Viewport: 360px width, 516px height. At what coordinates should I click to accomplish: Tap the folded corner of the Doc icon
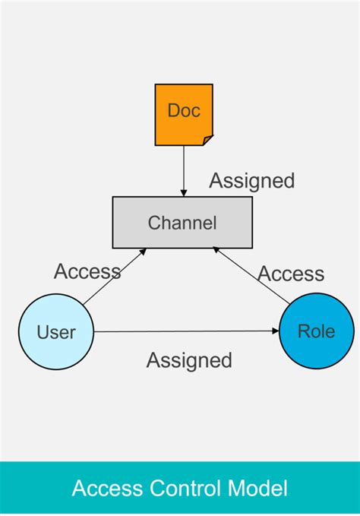coord(207,139)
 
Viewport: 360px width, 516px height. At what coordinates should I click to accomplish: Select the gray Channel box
coord(182,223)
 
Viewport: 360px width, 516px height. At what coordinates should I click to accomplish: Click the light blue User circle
coord(56,332)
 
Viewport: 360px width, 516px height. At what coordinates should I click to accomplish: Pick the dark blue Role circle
coord(316,331)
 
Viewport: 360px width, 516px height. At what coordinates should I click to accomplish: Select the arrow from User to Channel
coord(114,277)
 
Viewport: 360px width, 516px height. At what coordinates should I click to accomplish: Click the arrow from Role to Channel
coord(251,277)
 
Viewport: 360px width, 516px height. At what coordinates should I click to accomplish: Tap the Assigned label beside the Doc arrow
coord(251,181)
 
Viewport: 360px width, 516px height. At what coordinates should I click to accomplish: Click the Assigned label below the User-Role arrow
coord(189,360)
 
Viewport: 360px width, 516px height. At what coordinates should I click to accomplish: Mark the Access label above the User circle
coord(87,271)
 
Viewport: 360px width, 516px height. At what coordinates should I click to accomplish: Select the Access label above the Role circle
coord(291,274)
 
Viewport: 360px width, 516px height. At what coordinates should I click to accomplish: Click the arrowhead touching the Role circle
coord(275,331)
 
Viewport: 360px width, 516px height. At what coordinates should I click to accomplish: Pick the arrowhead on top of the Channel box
coord(183,192)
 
